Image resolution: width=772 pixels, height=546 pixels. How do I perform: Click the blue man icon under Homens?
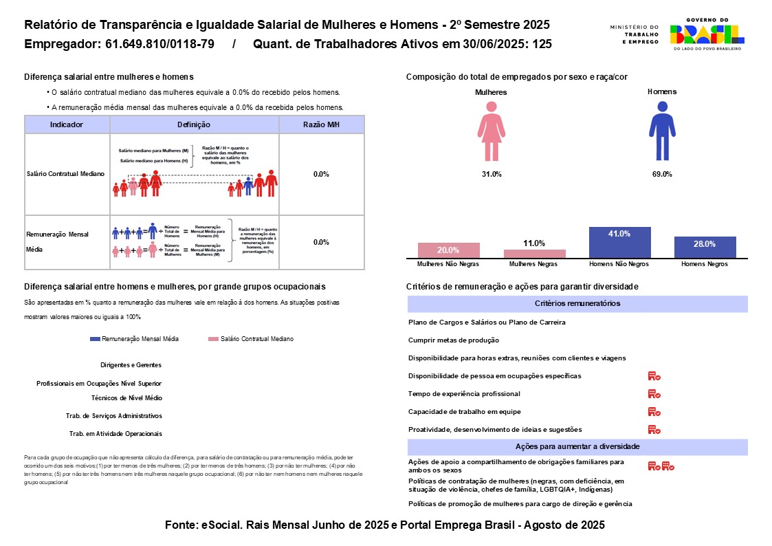pos(662,131)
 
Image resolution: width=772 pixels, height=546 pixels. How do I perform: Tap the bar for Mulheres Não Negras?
pos(449,250)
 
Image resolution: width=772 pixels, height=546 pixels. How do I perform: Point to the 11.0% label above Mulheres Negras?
pos(534,243)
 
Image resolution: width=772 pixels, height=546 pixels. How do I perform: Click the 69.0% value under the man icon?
pos(662,174)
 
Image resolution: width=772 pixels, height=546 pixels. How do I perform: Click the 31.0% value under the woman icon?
pos(492,174)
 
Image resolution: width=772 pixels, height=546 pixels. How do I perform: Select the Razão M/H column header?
pos(321,124)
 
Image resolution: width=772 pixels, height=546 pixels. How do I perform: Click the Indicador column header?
pos(67,124)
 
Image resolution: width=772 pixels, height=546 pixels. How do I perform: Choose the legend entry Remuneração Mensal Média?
pos(135,339)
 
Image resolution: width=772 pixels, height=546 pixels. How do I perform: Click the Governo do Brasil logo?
pos(707,34)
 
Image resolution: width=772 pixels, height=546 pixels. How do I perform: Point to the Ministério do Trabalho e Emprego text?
pos(634,34)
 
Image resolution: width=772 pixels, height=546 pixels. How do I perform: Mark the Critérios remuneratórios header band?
pos(577,304)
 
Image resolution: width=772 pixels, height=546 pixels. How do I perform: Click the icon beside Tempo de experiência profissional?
pos(654,394)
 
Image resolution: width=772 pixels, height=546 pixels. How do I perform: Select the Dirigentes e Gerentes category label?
pos(131,365)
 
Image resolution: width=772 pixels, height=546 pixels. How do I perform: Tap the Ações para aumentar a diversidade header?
pos(577,447)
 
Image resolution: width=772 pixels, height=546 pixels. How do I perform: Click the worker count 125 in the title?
pos(542,45)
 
